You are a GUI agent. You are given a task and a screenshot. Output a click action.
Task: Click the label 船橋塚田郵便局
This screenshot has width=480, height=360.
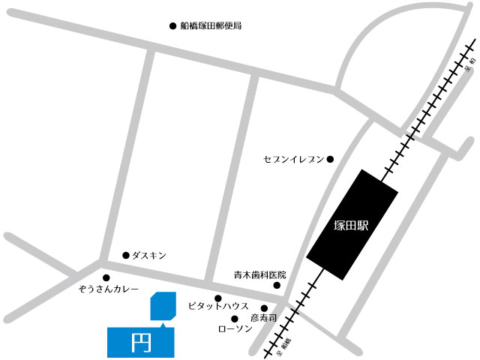(x=211, y=25)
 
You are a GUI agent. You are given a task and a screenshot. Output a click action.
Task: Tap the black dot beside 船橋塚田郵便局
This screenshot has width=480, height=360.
(x=172, y=25)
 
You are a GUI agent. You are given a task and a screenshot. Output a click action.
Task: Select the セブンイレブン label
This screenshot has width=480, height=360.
(x=293, y=159)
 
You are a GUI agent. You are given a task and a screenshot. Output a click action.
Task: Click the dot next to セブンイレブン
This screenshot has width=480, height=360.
(x=329, y=159)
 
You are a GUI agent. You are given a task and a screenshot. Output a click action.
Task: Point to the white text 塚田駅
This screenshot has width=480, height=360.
(x=352, y=224)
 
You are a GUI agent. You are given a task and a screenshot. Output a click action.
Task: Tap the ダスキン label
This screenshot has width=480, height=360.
(x=148, y=256)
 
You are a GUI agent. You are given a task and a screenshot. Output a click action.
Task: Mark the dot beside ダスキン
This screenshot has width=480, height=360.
(x=125, y=255)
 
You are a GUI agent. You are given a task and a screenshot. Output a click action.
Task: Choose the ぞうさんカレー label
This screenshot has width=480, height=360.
(x=109, y=288)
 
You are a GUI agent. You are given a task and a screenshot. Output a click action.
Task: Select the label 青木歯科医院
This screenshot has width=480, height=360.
(x=260, y=275)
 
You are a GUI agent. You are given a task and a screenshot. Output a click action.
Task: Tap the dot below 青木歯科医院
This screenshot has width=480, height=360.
(x=276, y=286)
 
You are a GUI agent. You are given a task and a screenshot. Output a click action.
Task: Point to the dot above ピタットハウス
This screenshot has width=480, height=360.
(x=218, y=298)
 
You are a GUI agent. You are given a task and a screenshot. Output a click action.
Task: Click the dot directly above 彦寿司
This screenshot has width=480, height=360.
(x=264, y=308)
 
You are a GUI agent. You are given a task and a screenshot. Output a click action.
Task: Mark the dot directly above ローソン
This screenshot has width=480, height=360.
(x=234, y=319)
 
